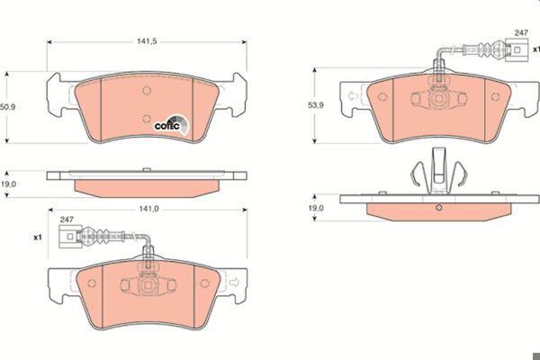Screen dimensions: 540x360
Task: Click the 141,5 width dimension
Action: click(x=147, y=41)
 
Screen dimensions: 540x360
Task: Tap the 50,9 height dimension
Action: click(x=7, y=107)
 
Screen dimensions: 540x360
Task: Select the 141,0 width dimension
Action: click(x=148, y=209)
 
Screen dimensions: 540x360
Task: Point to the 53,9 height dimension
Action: click(x=316, y=105)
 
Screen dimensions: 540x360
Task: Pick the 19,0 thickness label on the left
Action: click(x=8, y=184)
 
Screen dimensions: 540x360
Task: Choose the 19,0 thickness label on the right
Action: click(x=316, y=208)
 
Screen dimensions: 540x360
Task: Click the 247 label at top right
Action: click(x=521, y=32)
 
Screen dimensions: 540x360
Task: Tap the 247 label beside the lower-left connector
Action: click(x=67, y=220)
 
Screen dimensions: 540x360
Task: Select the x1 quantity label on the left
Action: click(x=38, y=238)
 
